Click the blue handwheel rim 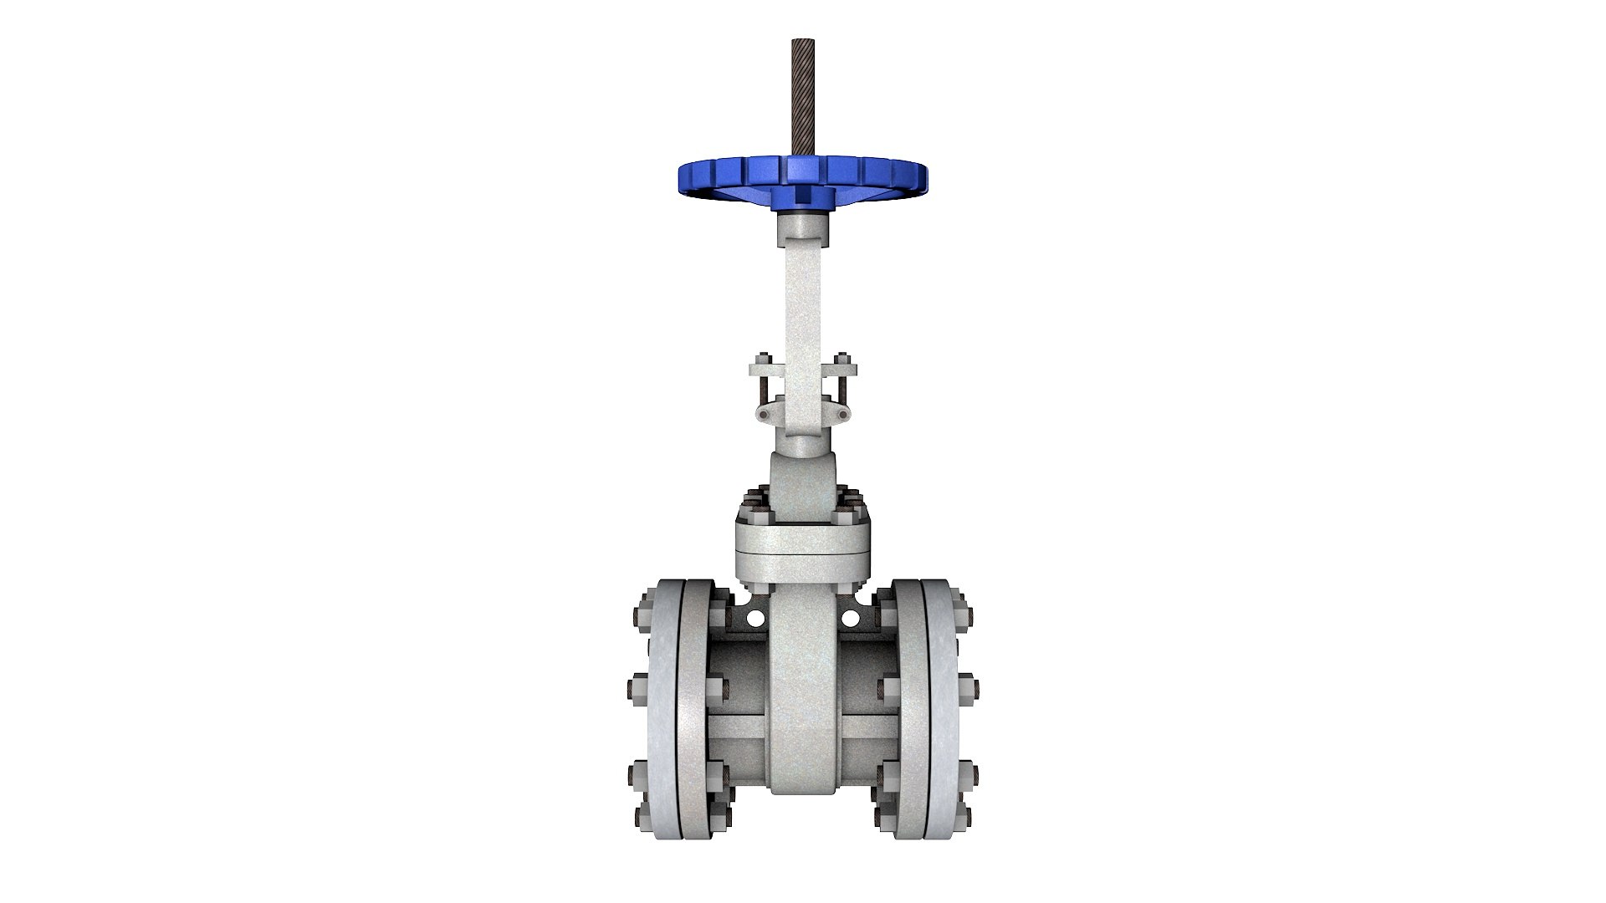(711, 176)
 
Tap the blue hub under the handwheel (802, 197)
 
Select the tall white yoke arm (802, 301)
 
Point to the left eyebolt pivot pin (763, 415)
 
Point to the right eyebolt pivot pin (843, 415)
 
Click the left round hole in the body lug (755, 619)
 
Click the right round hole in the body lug (850, 619)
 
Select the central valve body (802, 694)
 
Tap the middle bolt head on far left (634, 689)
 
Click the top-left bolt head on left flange (645, 605)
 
